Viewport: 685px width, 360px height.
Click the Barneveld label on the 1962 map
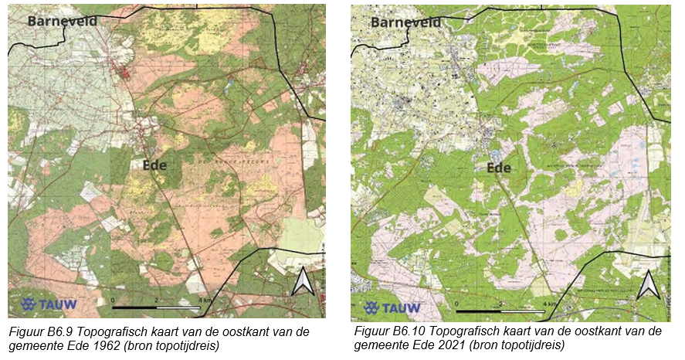pos(63,21)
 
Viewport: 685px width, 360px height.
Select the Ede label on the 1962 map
pos(154,165)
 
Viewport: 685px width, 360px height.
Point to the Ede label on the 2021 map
pos(499,168)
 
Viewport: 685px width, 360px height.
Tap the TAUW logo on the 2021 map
pos(392,307)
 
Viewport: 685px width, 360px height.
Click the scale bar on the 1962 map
pos(156,307)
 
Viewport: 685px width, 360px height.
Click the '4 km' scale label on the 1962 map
pos(205,299)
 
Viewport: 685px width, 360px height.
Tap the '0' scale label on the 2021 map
pos(458,304)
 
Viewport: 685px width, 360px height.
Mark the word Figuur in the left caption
pos(25,331)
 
